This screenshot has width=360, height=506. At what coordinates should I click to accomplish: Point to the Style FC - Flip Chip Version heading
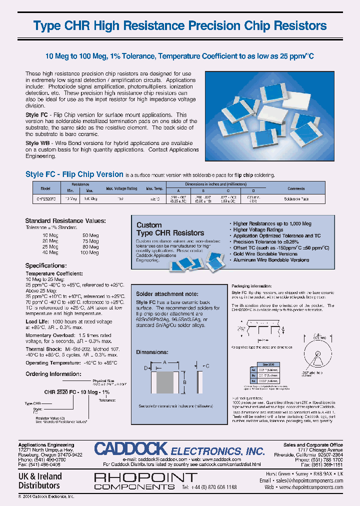click(x=74, y=174)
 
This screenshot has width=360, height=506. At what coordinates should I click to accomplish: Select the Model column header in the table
click(x=45, y=188)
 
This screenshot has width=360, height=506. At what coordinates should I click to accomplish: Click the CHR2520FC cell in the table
click(x=46, y=199)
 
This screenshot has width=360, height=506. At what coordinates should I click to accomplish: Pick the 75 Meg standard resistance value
click(x=90, y=240)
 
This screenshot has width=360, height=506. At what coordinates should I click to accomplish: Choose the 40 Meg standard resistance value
click(x=50, y=252)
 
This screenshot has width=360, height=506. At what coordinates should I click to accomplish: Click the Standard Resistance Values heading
click(x=65, y=220)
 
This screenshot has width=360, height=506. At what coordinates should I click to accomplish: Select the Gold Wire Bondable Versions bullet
click(x=266, y=253)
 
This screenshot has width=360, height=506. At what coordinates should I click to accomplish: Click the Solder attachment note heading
click(x=167, y=294)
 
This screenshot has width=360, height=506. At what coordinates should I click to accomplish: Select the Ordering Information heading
click(x=52, y=373)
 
